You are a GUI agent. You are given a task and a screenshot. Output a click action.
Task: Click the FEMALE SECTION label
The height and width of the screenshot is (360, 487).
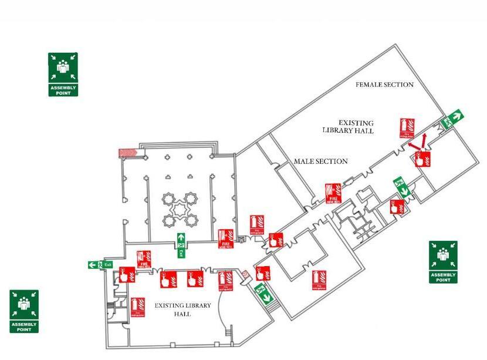pyautogui.click(x=384, y=85)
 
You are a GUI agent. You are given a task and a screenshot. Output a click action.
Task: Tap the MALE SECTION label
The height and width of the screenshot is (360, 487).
pyautogui.click(x=320, y=162)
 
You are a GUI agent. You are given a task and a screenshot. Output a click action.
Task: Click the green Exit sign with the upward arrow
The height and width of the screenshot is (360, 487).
pyautogui.click(x=181, y=245)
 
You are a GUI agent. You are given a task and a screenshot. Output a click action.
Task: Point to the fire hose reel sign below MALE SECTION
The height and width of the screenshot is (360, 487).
pyautogui.click(x=333, y=193)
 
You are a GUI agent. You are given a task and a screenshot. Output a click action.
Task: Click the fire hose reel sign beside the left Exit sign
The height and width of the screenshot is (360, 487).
pyautogui.click(x=144, y=260)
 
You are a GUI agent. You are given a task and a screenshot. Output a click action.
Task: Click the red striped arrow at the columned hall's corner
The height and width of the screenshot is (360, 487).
pyautogui.click(x=127, y=153)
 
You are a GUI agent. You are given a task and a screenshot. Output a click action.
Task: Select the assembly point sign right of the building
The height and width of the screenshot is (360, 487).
pyautogui.click(x=443, y=261)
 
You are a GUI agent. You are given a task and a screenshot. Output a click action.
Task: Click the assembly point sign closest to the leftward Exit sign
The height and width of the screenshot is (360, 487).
pyautogui.click(x=24, y=311)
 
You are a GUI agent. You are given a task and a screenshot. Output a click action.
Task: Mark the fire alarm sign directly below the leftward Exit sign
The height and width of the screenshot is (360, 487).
pyautogui.click(x=127, y=275)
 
